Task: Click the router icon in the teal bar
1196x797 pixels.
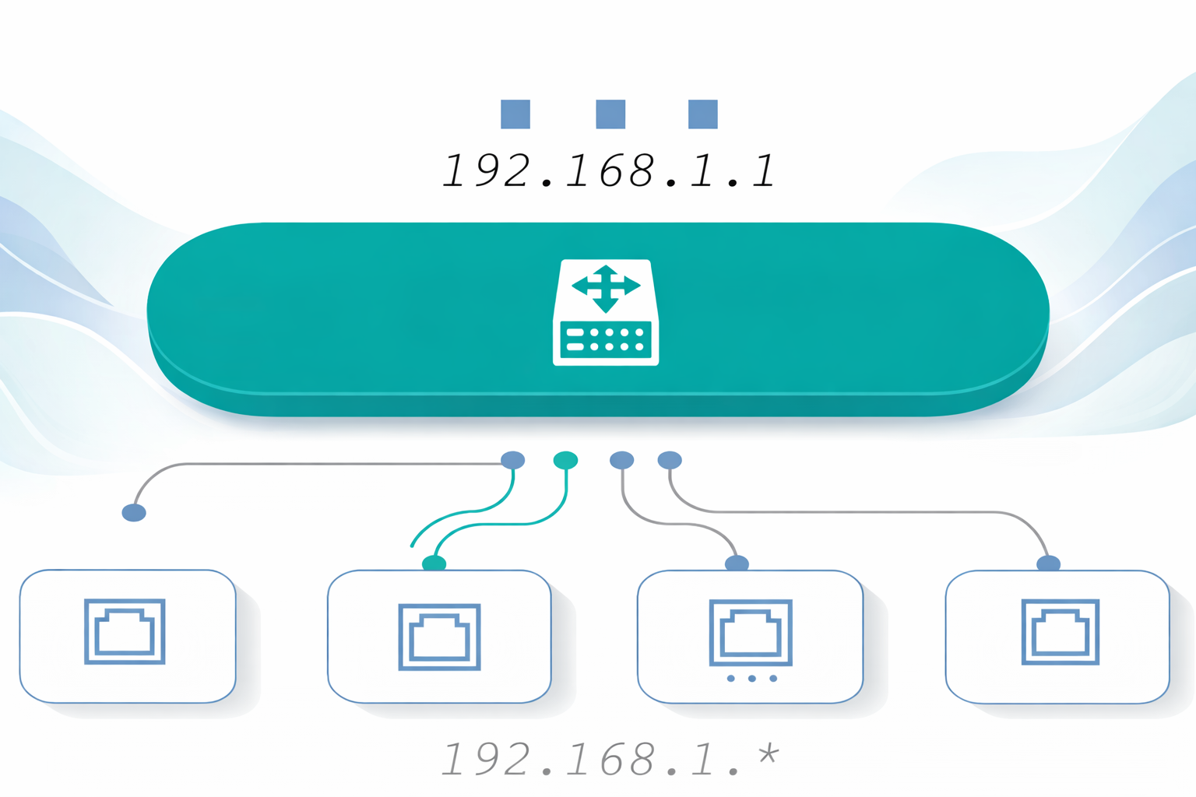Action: pyautogui.click(x=606, y=312)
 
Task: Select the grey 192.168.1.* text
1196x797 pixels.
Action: pyautogui.click(x=608, y=759)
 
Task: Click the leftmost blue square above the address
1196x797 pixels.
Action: pyautogui.click(x=515, y=114)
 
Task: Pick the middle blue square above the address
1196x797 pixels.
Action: pyautogui.click(x=610, y=114)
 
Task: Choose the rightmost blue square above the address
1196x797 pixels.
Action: pyautogui.click(x=703, y=114)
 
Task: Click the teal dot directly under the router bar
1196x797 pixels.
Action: pyautogui.click(x=565, y=460)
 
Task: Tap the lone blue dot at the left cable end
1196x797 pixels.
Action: pyautogui.click(x=134, y=512)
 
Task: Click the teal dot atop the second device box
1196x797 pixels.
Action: pyautogui.click(x=434, y=563)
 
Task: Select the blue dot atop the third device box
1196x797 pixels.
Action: pyautogui.click(x=737, y=563)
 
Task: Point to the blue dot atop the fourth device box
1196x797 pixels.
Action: pyautogui.click(x=1049, y=563)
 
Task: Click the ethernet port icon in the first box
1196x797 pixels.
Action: pyautogui.click(x=125, y=631)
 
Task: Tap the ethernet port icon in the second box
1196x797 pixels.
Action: pyautogui.click(x=439, y=637)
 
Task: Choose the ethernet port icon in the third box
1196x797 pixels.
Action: pyautogui.click(x=751, y=632)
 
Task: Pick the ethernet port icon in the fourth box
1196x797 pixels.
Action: pyautogui.click(x=1061, y=631)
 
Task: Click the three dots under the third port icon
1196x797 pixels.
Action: pyautogui.click(x=751, y=679)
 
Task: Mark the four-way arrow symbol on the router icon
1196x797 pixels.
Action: pyautogui.click(x=606, y=288)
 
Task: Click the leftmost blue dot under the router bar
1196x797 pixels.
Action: pyautogui.click(x=512, y=459)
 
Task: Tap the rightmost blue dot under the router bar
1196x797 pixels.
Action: pyautogui.click(x=670, y=460)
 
